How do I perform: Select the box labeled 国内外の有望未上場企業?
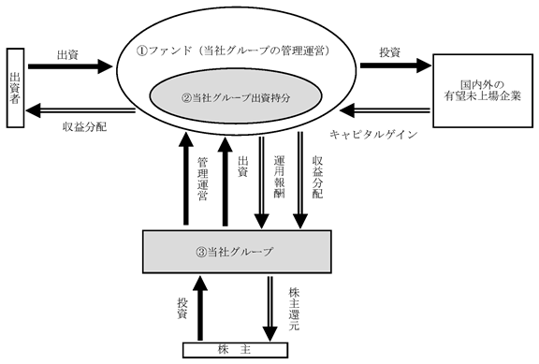483,91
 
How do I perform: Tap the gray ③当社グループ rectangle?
237,252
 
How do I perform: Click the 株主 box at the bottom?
235,350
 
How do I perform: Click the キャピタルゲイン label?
373,135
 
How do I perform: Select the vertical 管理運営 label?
203,179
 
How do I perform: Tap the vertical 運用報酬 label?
279,177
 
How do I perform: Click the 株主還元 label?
294,309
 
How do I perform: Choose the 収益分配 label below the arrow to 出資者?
84,127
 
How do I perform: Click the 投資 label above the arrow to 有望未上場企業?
390,52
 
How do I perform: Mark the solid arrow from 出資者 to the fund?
70,66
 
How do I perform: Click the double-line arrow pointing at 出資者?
80,110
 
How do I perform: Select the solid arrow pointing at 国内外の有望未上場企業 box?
395,66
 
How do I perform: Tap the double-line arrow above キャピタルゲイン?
385,110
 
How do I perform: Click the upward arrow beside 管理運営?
186,178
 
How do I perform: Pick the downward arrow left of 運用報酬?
261,181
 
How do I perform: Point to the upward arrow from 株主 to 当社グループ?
200,307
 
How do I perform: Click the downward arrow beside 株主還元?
270,309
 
